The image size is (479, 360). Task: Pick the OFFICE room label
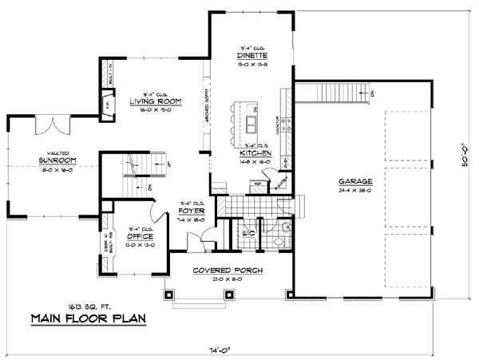pos(140,237)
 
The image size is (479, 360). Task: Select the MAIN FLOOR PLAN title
pos(89,319)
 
